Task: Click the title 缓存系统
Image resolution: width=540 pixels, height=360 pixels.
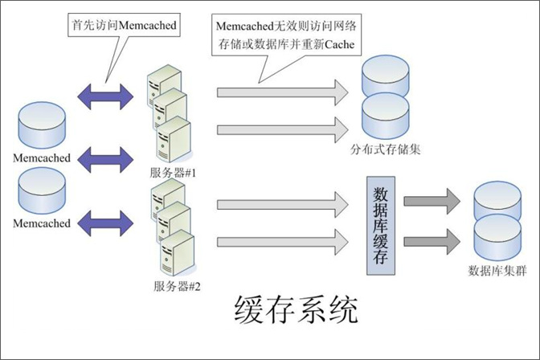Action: pyautogui.click(x=293, y=309)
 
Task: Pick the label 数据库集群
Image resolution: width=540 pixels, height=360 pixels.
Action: pyautogui.click(x=497, y=271)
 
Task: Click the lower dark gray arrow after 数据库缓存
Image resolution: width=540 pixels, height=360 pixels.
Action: pyautogui.click(x=432, y=240)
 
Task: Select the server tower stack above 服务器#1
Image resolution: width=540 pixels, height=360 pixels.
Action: pyautogui.click(x=169, y=117)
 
